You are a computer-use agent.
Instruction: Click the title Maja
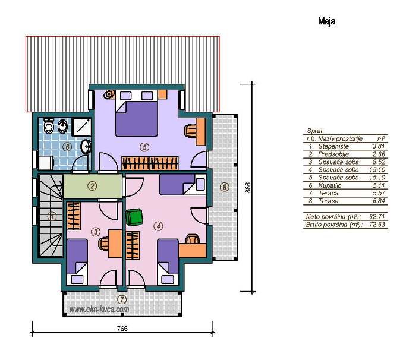click(326, 21)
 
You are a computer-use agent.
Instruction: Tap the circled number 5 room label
click(144, 147)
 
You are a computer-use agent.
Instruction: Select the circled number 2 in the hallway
click(92, 186)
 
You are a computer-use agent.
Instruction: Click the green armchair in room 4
click(134, 217)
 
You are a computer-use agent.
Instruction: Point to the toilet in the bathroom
click(48, 126)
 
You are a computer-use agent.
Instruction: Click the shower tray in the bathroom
click(81, 127)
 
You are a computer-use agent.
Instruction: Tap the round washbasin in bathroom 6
click(86, 147)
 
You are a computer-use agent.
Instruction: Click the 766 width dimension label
click(122, 329)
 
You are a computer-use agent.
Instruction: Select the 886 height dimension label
click(248, 188)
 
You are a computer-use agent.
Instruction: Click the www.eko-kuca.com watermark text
click(99, 310)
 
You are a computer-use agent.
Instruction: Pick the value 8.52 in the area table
click(379, 162)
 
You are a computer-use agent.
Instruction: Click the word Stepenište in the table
click(333, 147)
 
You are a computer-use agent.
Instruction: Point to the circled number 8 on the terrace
click(225, 187)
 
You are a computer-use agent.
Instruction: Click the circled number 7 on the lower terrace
click(122, 299)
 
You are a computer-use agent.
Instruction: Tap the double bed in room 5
click(136, 119)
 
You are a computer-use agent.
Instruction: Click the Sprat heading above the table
click(314, 131)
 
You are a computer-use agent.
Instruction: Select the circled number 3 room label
click(96, 232)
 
